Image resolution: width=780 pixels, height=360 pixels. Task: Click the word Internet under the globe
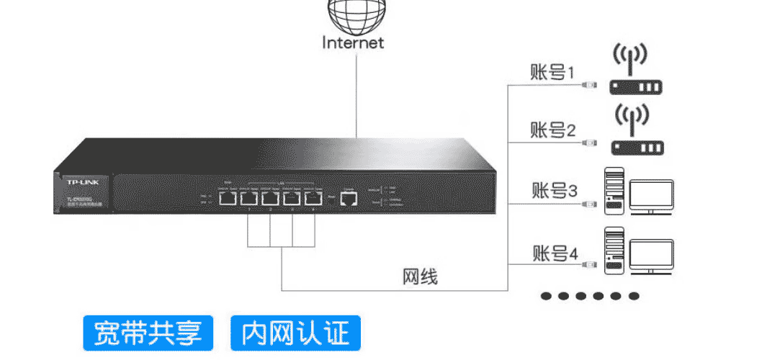coord(353,42)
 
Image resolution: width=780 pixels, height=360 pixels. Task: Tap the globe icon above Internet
coord(353,13)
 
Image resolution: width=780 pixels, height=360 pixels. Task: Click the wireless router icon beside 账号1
coord(635,72)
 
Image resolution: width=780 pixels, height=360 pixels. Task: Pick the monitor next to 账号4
coord(651,256)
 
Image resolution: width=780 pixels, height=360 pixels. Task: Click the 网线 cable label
coord(419,277)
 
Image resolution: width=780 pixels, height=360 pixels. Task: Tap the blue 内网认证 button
coord(295,333)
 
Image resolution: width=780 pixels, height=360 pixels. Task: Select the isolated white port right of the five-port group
coord(349,198)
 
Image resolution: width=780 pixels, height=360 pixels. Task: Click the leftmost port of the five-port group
coord(227,198)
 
